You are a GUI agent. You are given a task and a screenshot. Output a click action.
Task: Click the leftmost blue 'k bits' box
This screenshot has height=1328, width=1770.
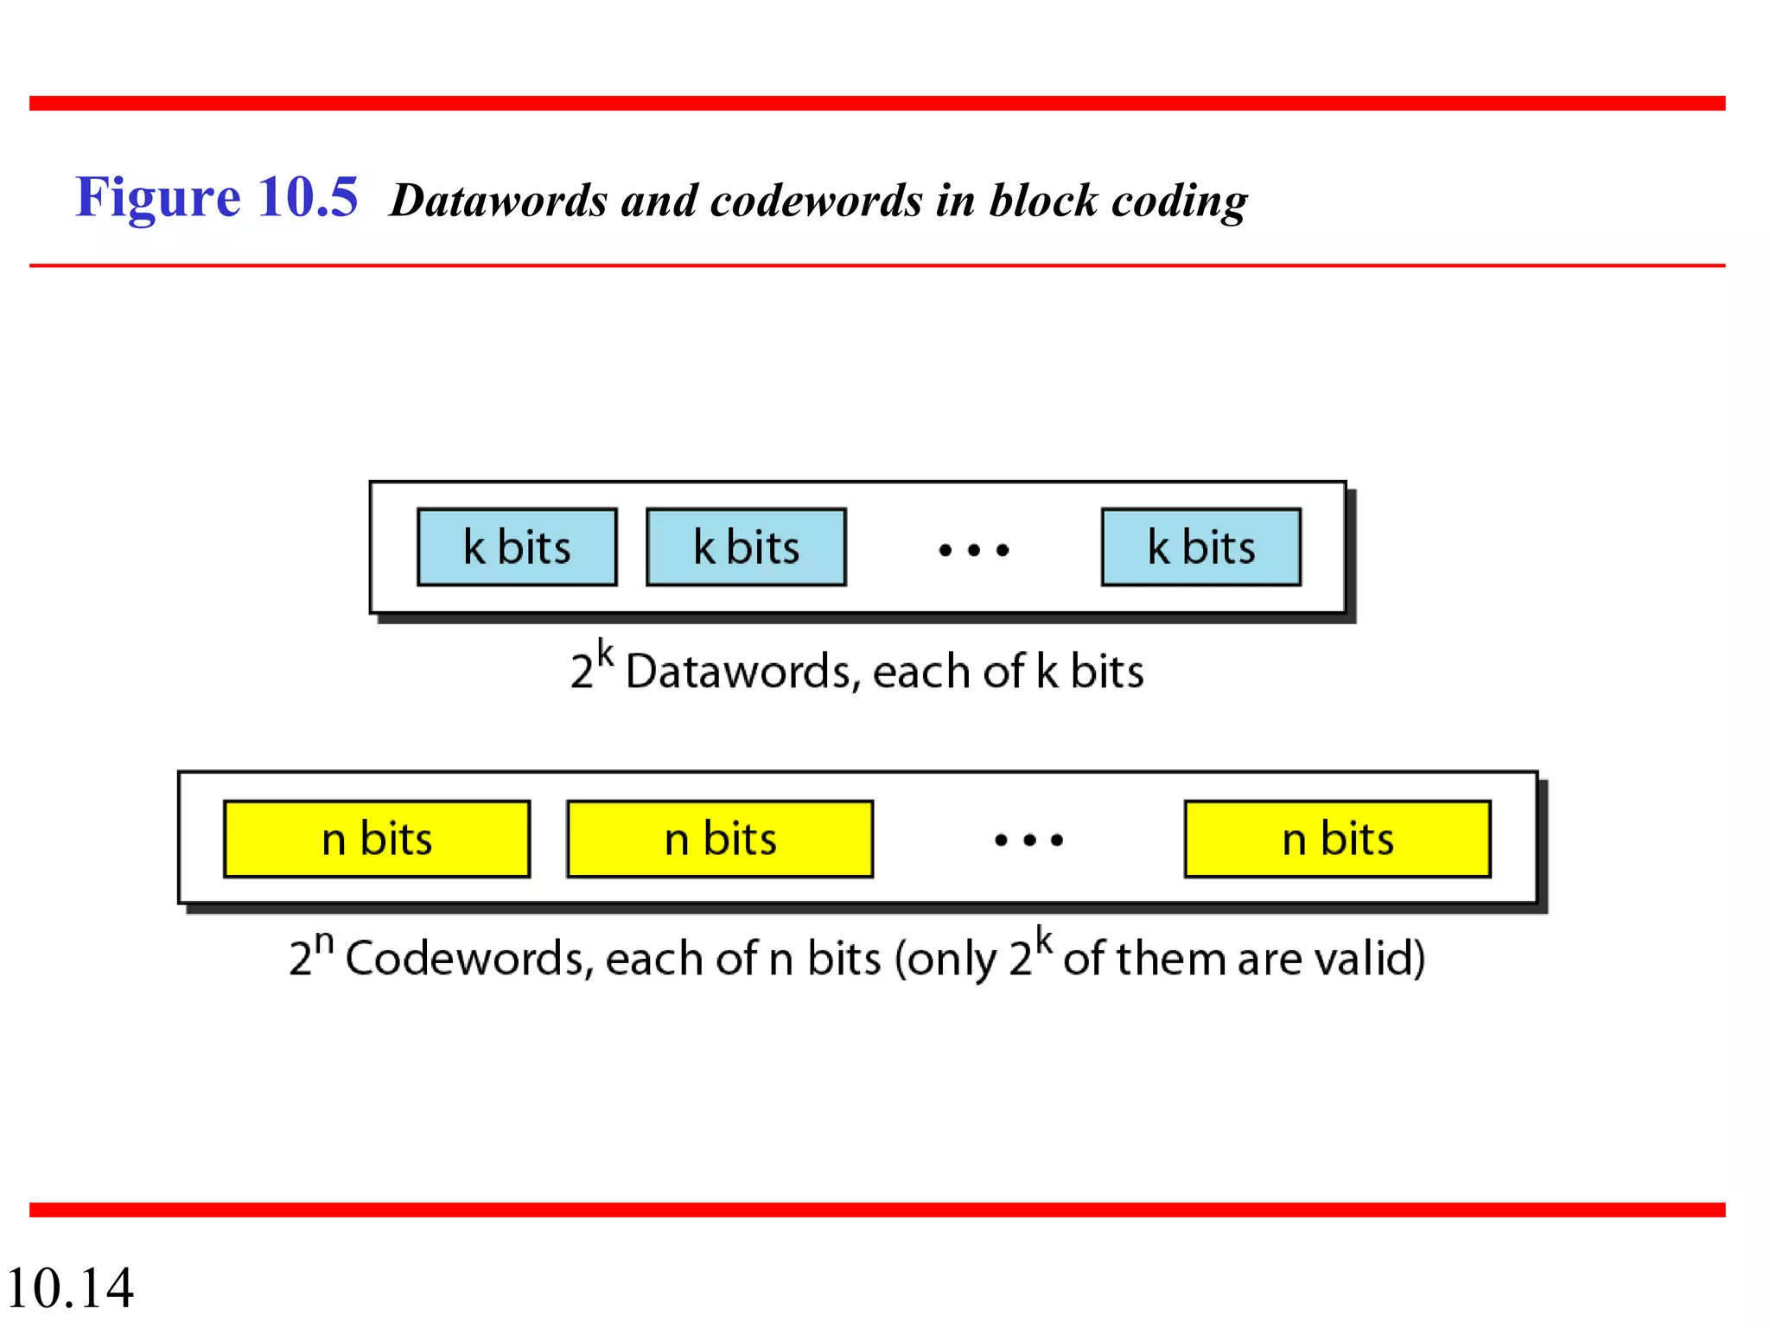(517, 547)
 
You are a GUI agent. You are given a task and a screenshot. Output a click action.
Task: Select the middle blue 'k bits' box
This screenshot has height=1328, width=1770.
(746, 547)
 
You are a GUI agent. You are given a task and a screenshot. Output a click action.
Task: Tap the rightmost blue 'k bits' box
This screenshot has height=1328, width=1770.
(1200, 547)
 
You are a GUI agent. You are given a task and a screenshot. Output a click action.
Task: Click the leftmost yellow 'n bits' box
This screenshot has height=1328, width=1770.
(377, 839)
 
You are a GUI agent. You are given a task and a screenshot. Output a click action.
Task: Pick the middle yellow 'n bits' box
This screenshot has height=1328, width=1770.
(720, 839)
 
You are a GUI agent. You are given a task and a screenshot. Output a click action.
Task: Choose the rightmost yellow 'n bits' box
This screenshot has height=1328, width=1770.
(1337, 839)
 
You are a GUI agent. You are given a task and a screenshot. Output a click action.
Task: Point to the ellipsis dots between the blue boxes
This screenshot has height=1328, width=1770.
(974, 550)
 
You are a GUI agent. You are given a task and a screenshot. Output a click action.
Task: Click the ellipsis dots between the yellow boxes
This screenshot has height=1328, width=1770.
(1028, 840)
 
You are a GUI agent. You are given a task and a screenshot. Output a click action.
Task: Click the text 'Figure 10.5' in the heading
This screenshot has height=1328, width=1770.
(216, 197)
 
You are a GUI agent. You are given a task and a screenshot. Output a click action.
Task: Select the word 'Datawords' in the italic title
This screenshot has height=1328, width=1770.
(499, 201)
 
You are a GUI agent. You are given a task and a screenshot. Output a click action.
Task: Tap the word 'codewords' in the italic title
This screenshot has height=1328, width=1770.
(816, 201)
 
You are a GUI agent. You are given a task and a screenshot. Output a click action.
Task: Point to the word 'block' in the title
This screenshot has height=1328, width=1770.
(1042, 201)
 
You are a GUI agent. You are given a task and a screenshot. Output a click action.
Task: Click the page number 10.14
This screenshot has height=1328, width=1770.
(69, 1287)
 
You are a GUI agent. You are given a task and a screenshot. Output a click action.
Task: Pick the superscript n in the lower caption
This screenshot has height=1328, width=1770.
(323, 941)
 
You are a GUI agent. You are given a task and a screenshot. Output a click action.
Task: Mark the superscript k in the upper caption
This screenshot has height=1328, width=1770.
(605, 654)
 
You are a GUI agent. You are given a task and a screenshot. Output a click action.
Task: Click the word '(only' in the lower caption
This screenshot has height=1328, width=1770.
(945, 960)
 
